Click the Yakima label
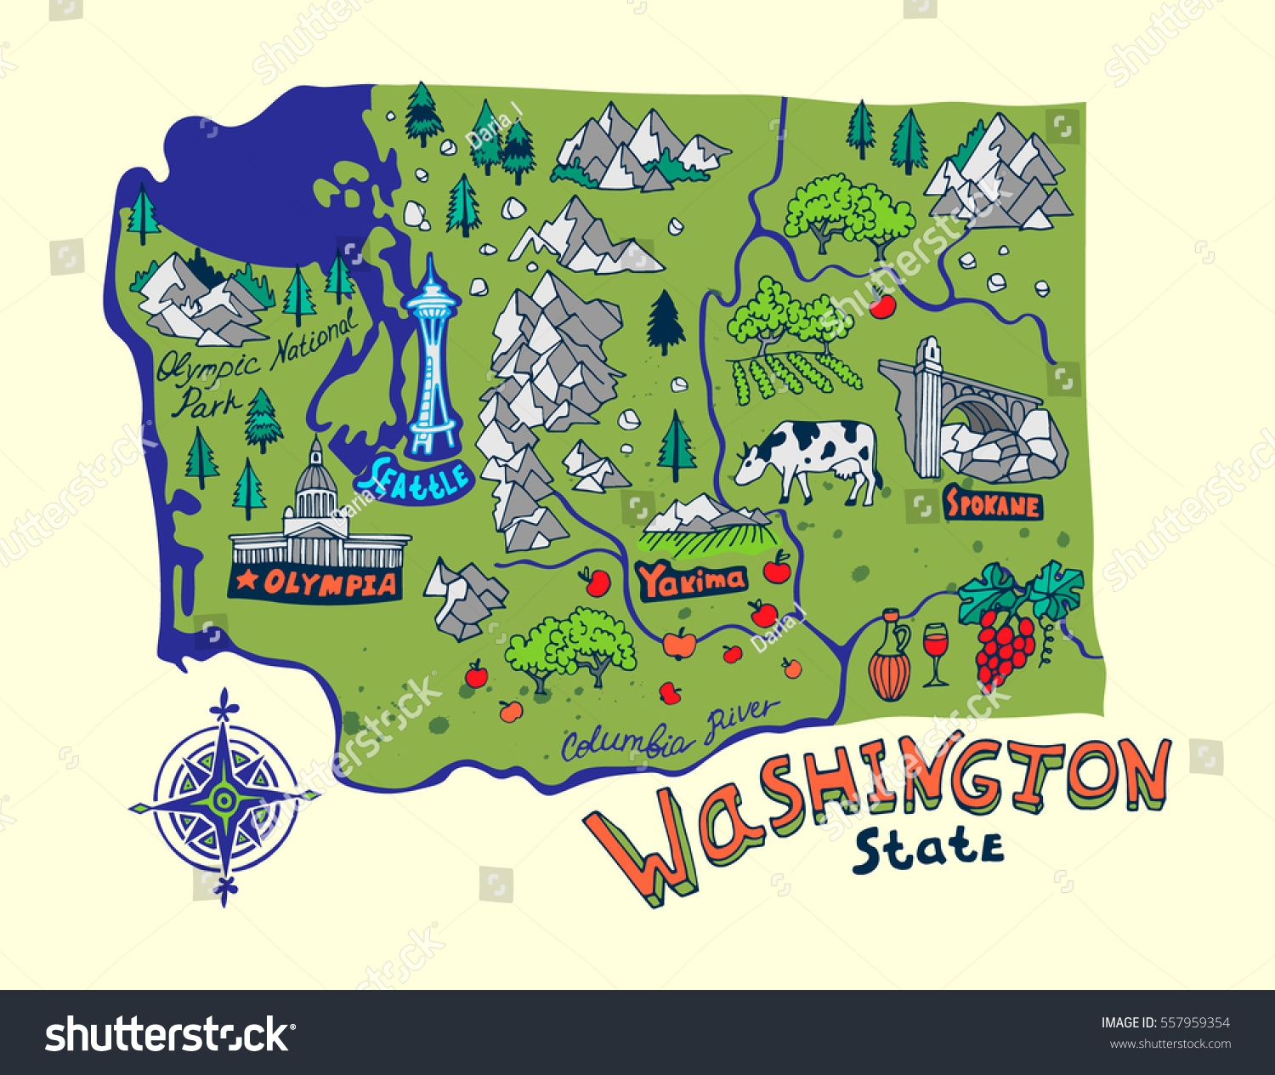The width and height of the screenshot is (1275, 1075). pyautogui.click(x=692, y=581)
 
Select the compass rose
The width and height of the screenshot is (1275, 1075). pyautogui.click(x=224, y=798)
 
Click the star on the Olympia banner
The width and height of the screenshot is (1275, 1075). pyautogui.click(x=247, y=581)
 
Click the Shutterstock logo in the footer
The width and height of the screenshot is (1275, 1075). pyautogui.click(x=167, y=1033)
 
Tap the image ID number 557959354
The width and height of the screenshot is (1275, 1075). pyautogui.click(x=1197, y=1023)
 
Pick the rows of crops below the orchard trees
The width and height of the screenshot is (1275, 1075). pyautogui.click(x=795, y=374)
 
